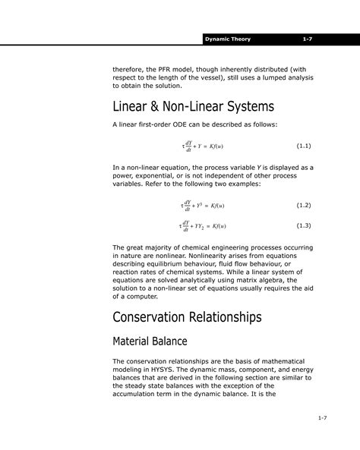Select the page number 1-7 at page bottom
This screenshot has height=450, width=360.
(322, 418)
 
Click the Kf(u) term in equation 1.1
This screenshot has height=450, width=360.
(216, 145)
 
